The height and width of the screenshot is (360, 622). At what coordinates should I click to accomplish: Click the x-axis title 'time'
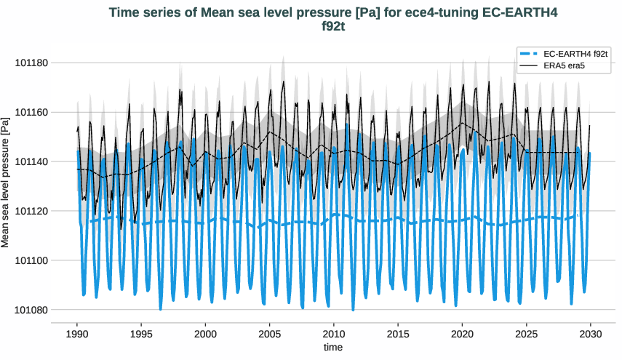pos(333,347)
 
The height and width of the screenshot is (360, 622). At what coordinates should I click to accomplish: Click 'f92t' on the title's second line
pos(334,27)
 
